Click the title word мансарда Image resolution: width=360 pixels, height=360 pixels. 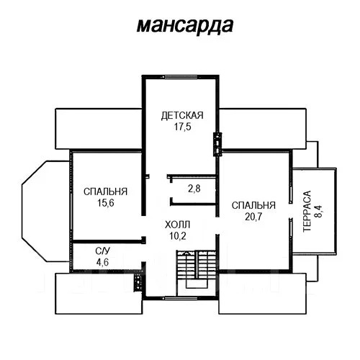pyautogui.click(x=185, y=25)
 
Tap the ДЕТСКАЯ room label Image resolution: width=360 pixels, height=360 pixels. pyautogui.click(x=182, y=115)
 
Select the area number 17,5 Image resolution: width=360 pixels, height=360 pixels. pyautogui.click(x=183, y=127)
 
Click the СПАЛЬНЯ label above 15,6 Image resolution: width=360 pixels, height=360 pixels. pyautogui.click(x=105, y=192)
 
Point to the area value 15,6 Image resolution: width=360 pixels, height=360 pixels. pyautogui.click(x=106, y=203)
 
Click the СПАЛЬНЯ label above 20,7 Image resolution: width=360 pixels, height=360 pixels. pyautogui.click(x=253, y=205)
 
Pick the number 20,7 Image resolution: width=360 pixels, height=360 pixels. pyautogui.click(x=253, y=217)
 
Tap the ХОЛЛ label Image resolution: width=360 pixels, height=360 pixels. pyautogui.click(x=178, y=225)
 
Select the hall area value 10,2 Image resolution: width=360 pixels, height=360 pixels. pyautogui.click(x=178, y=236)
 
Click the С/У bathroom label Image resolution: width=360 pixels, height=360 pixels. pyautogui.click(x=102, y=251)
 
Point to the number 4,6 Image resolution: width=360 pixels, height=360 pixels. pyautogui.click(x=102, y=262)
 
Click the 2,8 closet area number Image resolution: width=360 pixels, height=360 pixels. pyautogui.click(x=194, y=189)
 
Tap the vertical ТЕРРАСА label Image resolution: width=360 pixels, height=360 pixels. pyautogui.click(x=307, y=211)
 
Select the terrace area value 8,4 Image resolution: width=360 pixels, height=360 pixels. pyautogui.click(x=319, y=211)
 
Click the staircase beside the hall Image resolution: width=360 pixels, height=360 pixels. pyautogui.click(x=197, y=269)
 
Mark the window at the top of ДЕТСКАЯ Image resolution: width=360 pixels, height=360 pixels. pyautogui.click(x=180, y=77)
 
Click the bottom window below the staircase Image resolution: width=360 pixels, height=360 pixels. pyautogui.click(x=180, y=298)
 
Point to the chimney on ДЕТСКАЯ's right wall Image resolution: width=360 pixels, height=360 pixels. pyautogui.click(x=217, y=144)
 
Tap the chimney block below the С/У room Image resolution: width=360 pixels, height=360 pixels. pyautogui.click(x=138, y=282)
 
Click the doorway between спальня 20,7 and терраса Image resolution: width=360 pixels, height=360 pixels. pyautogui.click(x=291, y=211)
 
